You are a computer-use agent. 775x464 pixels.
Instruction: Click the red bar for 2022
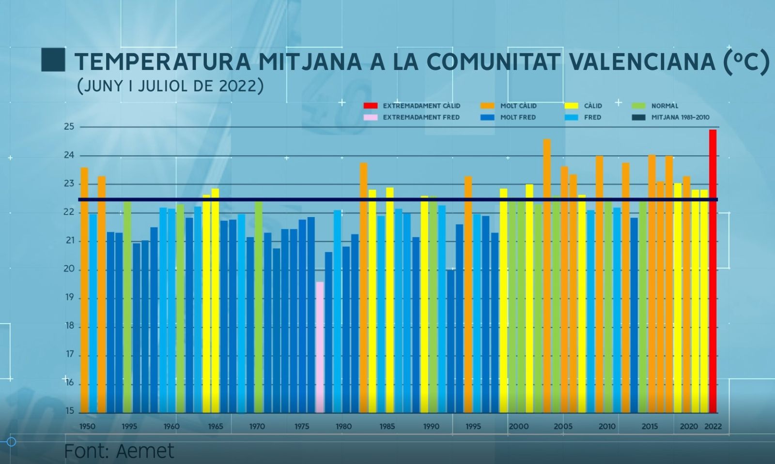[713, 271]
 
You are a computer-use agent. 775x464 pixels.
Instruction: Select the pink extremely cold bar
[320, 347]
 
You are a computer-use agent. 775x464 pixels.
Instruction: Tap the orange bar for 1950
[84, 290]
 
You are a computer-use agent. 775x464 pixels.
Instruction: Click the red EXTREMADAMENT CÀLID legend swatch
[371, 106]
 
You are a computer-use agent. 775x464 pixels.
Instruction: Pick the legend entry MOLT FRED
[518, 118]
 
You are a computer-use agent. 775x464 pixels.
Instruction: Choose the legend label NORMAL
[665, 106]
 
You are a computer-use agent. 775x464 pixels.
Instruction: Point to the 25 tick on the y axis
[69, 127]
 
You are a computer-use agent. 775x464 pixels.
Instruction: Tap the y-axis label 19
[69, 298]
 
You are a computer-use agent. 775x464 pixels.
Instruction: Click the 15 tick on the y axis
[69, 411]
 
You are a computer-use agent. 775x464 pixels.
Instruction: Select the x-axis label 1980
[343, 427]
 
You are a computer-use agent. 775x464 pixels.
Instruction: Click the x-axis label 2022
[713, 427]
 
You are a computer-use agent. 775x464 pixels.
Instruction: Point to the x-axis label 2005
[563, 427]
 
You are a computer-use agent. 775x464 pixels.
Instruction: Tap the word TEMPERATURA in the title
[163, 61]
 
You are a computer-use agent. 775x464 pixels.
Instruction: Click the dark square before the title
[53, 60]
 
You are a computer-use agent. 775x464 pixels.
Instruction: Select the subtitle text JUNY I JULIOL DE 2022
[170, 86]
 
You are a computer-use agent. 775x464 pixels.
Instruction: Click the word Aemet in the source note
[145, 451]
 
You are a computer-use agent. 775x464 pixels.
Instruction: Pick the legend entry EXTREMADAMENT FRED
[421, 118]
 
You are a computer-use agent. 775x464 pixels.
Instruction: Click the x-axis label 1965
[216, 427]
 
